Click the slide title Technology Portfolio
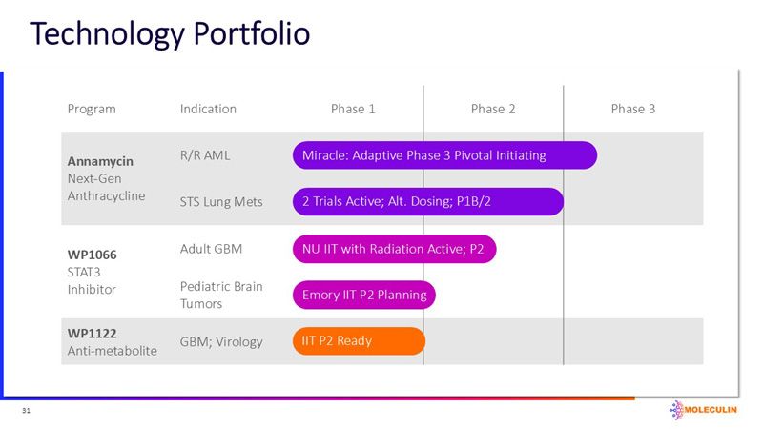click(170, 34)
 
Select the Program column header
click(92, 109)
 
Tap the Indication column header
click(208, 109)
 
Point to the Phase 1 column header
click(353, 109)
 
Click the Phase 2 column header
click(493, 109)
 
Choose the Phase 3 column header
click(632, 109)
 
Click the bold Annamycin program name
click(99, 160)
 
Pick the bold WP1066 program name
click(92, 255)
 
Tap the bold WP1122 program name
click(92, 334)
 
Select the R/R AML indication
click(204, 154)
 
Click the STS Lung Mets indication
click(221, 201)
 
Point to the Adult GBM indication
click(211, 249)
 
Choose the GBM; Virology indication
click(220, 341)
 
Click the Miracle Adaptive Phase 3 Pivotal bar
click(443, 155)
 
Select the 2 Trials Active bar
click(427, 201)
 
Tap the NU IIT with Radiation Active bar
click(394, 249)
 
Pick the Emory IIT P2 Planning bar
click(363, 295)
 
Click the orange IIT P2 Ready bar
click(358, 340)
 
